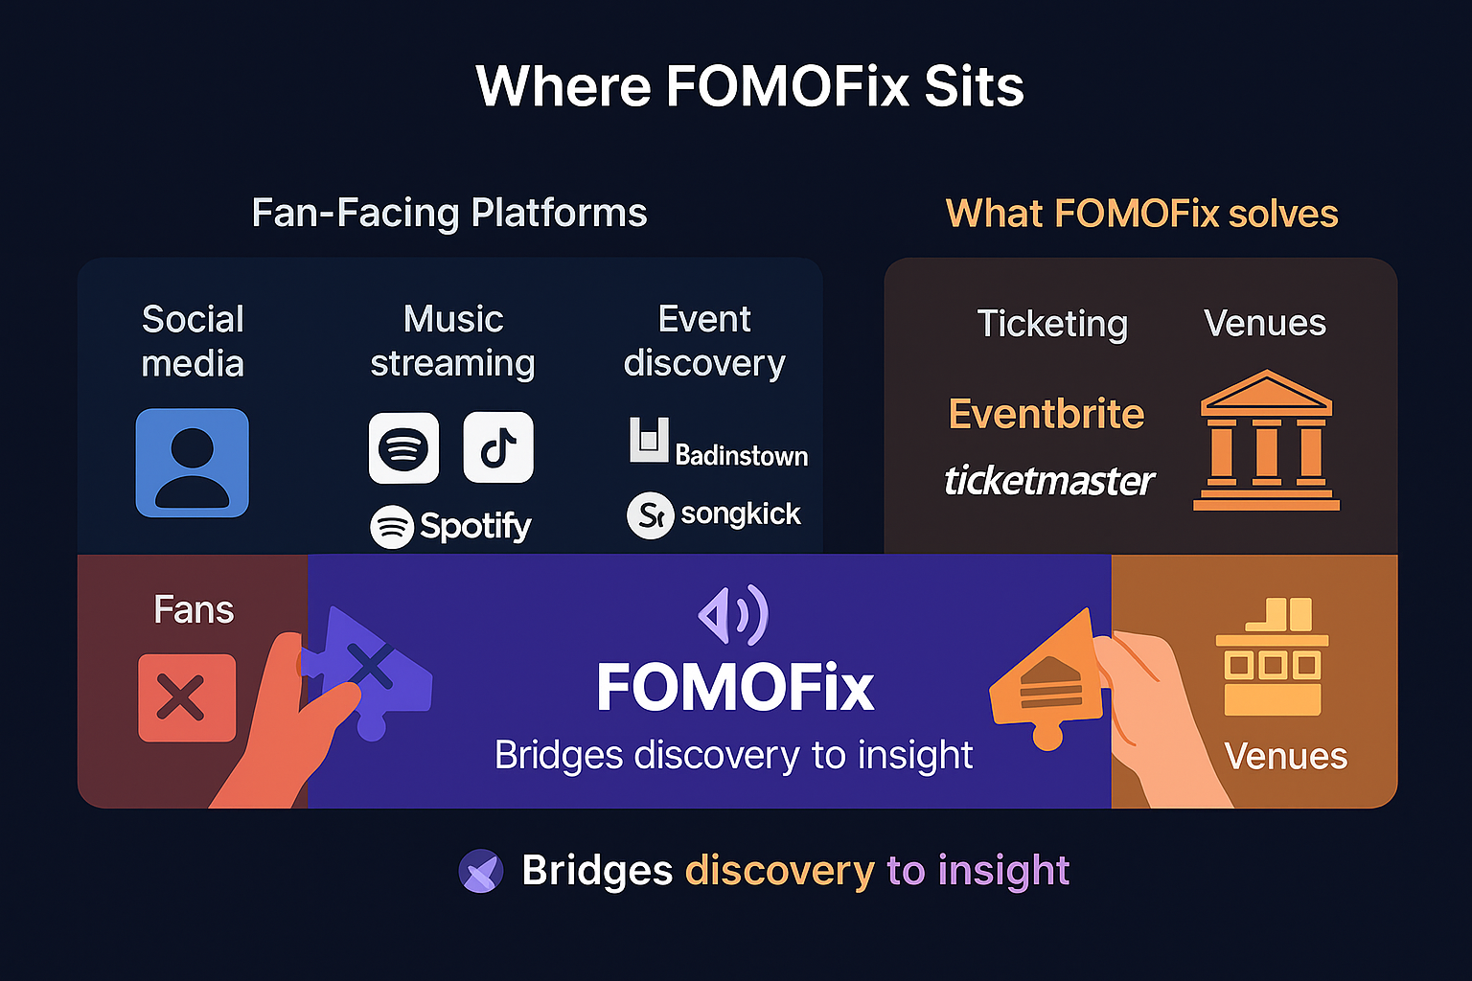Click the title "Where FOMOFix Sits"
[x=749, y=86]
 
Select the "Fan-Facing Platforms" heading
[x=448, y=213]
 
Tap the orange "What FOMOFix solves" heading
[x=1141, y=213]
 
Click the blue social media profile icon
[x=192, y=463]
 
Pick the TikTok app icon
[x=498, y=447]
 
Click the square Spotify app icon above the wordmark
[x=403, y=447]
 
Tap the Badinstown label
[x=741, y=455]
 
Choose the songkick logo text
[x=740, y=514]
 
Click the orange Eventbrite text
[x=1046, y=414]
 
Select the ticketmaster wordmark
[x=1048, y=480]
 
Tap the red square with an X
[x=187, y=697]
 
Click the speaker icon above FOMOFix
[x=733, y=615]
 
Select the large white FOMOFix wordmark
[x=735, y=687]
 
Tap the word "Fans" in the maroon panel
[x=194, y=610]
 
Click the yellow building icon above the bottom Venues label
[x=1272, y=657]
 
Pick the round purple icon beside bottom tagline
[x=481, y=871]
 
